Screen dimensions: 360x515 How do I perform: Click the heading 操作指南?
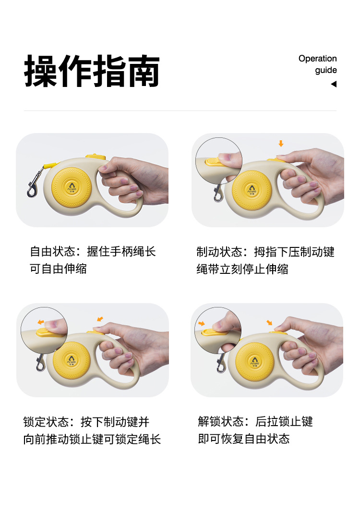92,71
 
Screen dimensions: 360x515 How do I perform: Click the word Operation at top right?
317,59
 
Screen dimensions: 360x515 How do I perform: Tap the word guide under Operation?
326,70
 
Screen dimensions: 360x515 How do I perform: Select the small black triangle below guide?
334,84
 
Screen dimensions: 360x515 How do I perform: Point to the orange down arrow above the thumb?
281,144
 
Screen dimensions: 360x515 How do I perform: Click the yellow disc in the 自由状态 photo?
71,187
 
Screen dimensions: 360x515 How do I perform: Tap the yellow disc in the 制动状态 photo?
252,190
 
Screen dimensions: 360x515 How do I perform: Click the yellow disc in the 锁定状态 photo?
72,360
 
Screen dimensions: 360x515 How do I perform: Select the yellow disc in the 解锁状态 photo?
255,362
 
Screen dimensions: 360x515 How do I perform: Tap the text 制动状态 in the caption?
219,252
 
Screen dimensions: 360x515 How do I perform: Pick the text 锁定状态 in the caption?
46,422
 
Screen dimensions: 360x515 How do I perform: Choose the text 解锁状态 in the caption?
220,421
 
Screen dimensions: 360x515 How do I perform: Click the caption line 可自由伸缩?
58,269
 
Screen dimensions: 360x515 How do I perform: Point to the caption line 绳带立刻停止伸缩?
242,269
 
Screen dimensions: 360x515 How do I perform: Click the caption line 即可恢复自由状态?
243,439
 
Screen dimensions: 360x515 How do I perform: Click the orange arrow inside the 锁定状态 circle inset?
41,322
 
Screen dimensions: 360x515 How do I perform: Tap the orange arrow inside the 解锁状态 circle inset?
202,323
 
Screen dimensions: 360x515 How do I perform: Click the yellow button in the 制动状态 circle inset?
215,161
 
